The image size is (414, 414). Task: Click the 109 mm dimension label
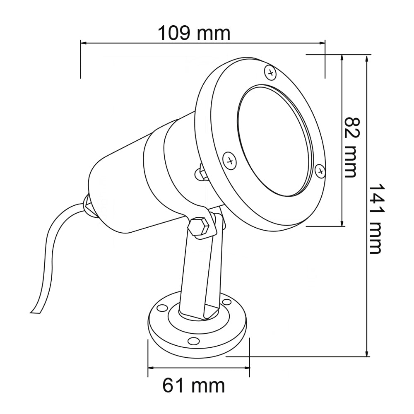(x=194, y=33)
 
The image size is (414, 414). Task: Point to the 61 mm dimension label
(x=193, y=386)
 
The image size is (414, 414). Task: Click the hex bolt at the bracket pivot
(x=199, y=226)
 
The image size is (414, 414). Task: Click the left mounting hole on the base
(x=162, y=308)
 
